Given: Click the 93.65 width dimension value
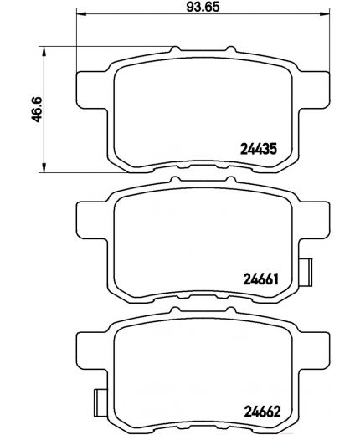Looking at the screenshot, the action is coord(203,7).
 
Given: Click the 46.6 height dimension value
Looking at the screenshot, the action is coord(37,110).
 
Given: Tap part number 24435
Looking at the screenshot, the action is coord(259,149).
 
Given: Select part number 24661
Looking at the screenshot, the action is coord(261,279).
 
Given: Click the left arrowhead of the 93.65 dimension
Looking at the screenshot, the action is coord(81,13).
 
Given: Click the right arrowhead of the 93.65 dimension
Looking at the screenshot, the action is coord(325,13).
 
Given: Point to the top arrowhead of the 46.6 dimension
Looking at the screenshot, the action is coord(44,51).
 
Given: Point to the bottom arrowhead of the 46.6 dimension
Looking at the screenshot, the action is coord(44,168).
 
